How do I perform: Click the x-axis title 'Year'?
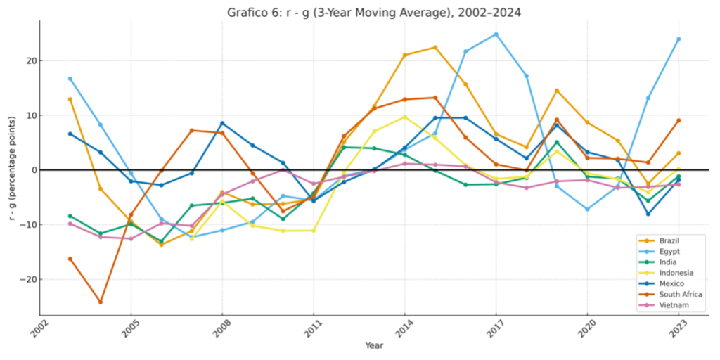(374, 345)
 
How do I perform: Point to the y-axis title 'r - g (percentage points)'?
(12, 169)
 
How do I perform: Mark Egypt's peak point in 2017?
(496, 34)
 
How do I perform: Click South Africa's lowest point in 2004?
(101, 302)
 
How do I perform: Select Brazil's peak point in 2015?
(435, 47)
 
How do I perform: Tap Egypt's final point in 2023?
(679, 39)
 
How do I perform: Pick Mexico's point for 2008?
(222, 123)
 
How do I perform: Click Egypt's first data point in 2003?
(70, 79)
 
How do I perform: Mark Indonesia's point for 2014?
(404, 117)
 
